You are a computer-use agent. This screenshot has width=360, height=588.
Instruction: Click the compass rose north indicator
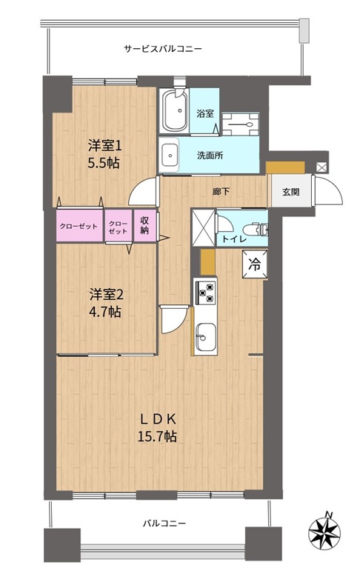click(x=324, y=532)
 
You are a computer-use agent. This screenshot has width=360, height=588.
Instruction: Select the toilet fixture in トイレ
click(x=256, y=229)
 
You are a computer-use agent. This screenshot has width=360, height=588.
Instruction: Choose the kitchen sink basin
click(x=205, y=337)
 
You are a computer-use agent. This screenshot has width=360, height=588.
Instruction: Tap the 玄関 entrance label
click(x=290, y=192)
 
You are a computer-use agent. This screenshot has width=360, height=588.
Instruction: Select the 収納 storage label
click(x=144, y=225)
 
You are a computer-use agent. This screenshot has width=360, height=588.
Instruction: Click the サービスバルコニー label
click(x=163, y=49)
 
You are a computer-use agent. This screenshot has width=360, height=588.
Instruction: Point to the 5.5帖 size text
click(x=104, y=163)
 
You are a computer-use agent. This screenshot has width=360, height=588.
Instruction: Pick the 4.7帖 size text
click(x=105, y=312)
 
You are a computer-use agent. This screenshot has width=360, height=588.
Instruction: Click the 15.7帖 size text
click(x=158, y=436)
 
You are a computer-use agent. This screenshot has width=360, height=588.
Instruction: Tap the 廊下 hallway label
click(x=221, y=192)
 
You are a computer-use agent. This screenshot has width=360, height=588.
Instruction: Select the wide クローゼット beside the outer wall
click(x=79, y=226)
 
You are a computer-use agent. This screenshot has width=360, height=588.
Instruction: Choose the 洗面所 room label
click(x=210, y=156)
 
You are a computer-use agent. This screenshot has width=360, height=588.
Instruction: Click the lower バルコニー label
click(x=164, y=524)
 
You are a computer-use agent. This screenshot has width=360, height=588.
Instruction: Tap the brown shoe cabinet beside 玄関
click(x=285, y=167)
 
